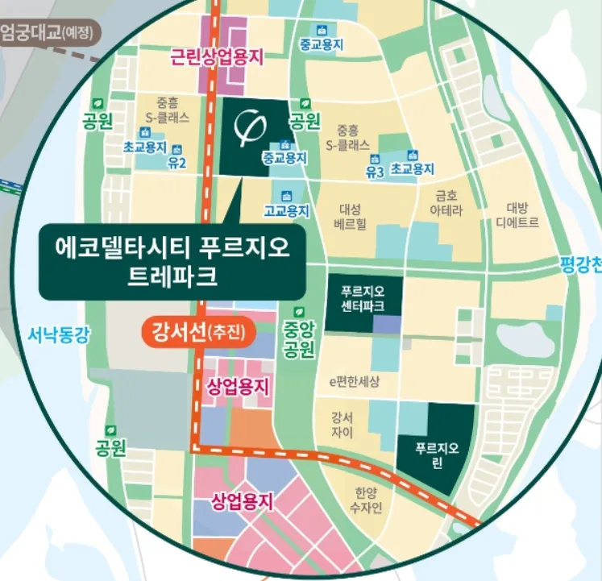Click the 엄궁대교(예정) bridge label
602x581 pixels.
[x=48, y=35]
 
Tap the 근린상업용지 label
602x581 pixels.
[x=217, y=56]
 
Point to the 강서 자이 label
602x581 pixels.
[x=342, y=425]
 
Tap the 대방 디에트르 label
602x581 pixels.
[x=517, y=214]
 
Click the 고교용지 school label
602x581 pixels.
[x=286, y=211]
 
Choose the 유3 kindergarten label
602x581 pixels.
[x=373, y=172]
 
